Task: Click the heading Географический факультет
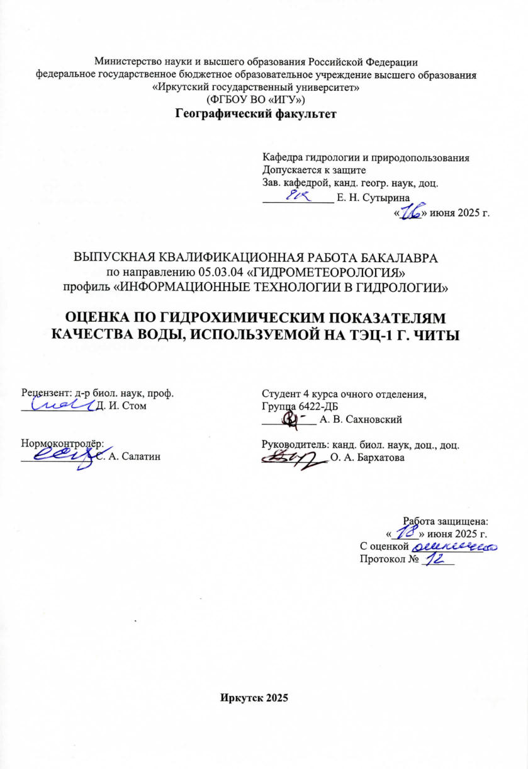point(256,114)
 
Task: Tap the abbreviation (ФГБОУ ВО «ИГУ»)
point(256,100)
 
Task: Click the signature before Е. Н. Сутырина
point(301,197)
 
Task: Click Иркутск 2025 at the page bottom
point(254,698)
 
